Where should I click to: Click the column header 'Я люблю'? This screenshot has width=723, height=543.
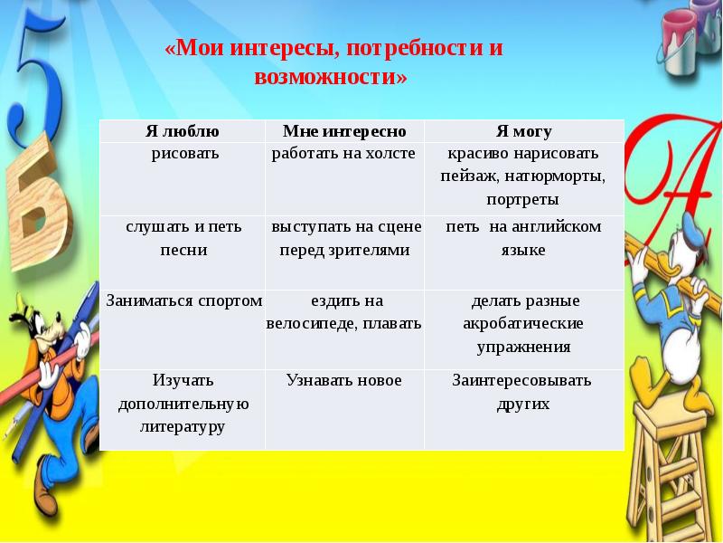[182, 132]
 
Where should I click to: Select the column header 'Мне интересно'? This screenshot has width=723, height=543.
[344, 132]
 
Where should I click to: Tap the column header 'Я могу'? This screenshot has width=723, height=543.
[523, 132]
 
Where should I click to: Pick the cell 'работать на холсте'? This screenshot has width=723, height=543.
[343, 154]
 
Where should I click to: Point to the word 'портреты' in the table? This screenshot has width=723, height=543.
[522, 199]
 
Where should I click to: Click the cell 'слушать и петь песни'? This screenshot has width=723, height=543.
[183, 238]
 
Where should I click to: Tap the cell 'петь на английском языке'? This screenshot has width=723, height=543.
[523, 238]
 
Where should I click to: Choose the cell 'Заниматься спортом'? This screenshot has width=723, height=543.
[183, 301]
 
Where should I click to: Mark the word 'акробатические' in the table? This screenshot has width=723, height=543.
[523, 323]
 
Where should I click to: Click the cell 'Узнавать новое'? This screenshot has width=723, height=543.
[343, 381]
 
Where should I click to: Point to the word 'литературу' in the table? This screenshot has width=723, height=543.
[183, 425]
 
